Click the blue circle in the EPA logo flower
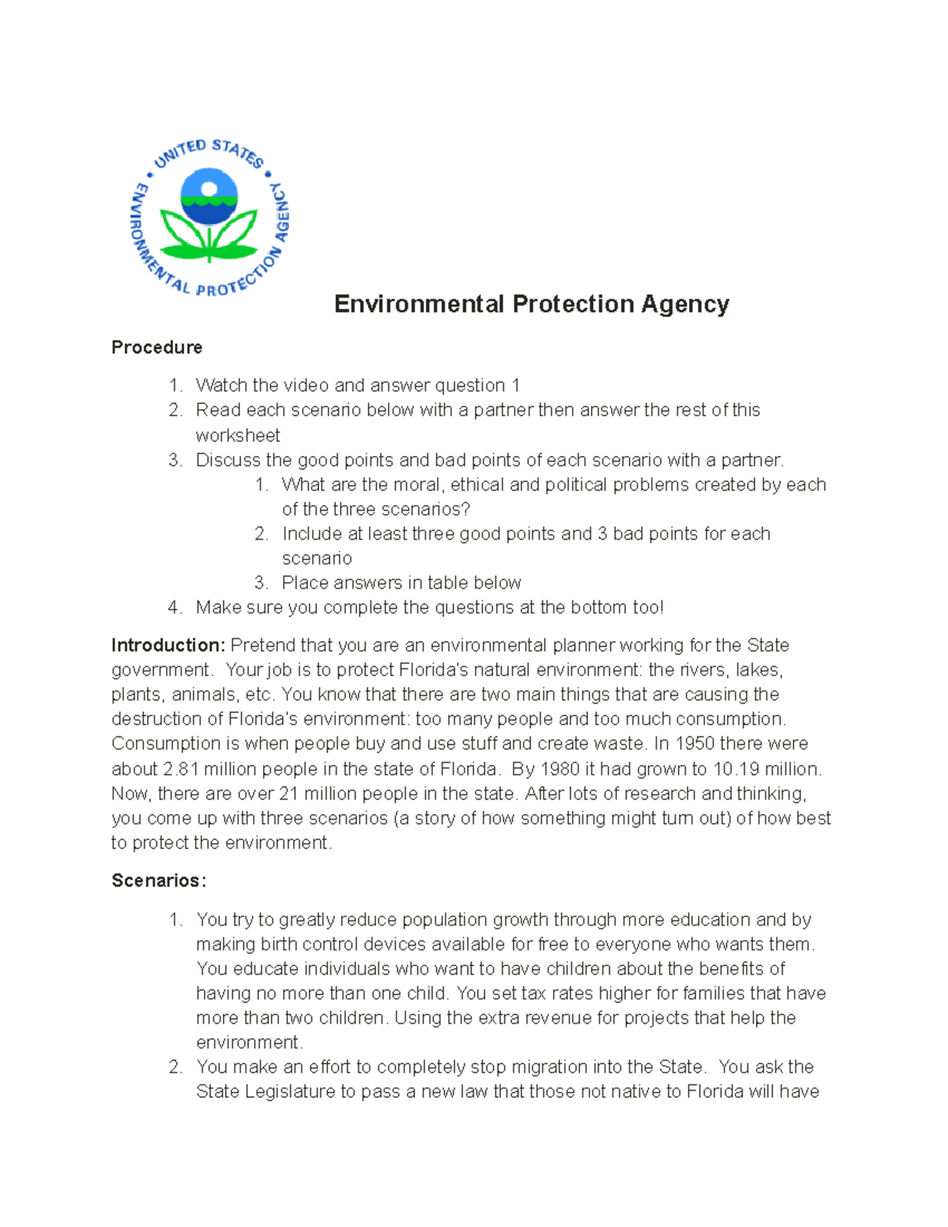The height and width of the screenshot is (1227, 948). tap(209, 195)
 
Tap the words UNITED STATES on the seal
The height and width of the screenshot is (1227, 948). tap(209, 151)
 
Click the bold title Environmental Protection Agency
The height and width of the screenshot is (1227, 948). tap(531, 304)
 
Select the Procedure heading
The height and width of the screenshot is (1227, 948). tap(156, 348)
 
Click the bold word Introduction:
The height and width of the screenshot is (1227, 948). tap(168, 645)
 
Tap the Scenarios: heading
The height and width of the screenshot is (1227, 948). tap(159, 881)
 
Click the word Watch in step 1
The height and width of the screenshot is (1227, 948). tap(220, 386)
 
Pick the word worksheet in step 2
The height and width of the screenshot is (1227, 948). tap(238, 435)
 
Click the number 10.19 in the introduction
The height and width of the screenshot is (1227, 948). tap(736, 769)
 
